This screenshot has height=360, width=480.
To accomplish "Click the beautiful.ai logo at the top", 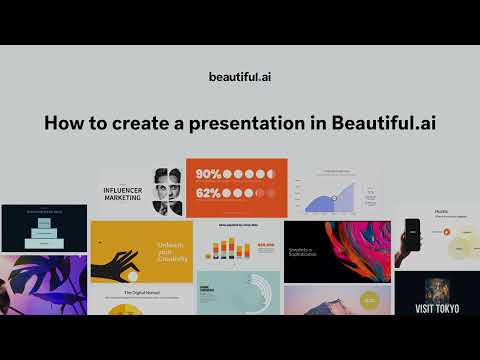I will click(x=240, y=76).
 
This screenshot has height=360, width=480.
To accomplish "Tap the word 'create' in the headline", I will click(x=156, y=123).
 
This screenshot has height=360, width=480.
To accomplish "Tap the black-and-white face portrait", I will click(x=166, y=191).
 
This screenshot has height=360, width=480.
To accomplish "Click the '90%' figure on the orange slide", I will click(x=208, y=173).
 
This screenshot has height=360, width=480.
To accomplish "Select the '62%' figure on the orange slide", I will click(x=208, y=193).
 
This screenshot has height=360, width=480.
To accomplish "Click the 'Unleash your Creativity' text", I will click(x=171, y=251).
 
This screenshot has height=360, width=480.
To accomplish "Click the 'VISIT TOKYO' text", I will click(x=437, y=309).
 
